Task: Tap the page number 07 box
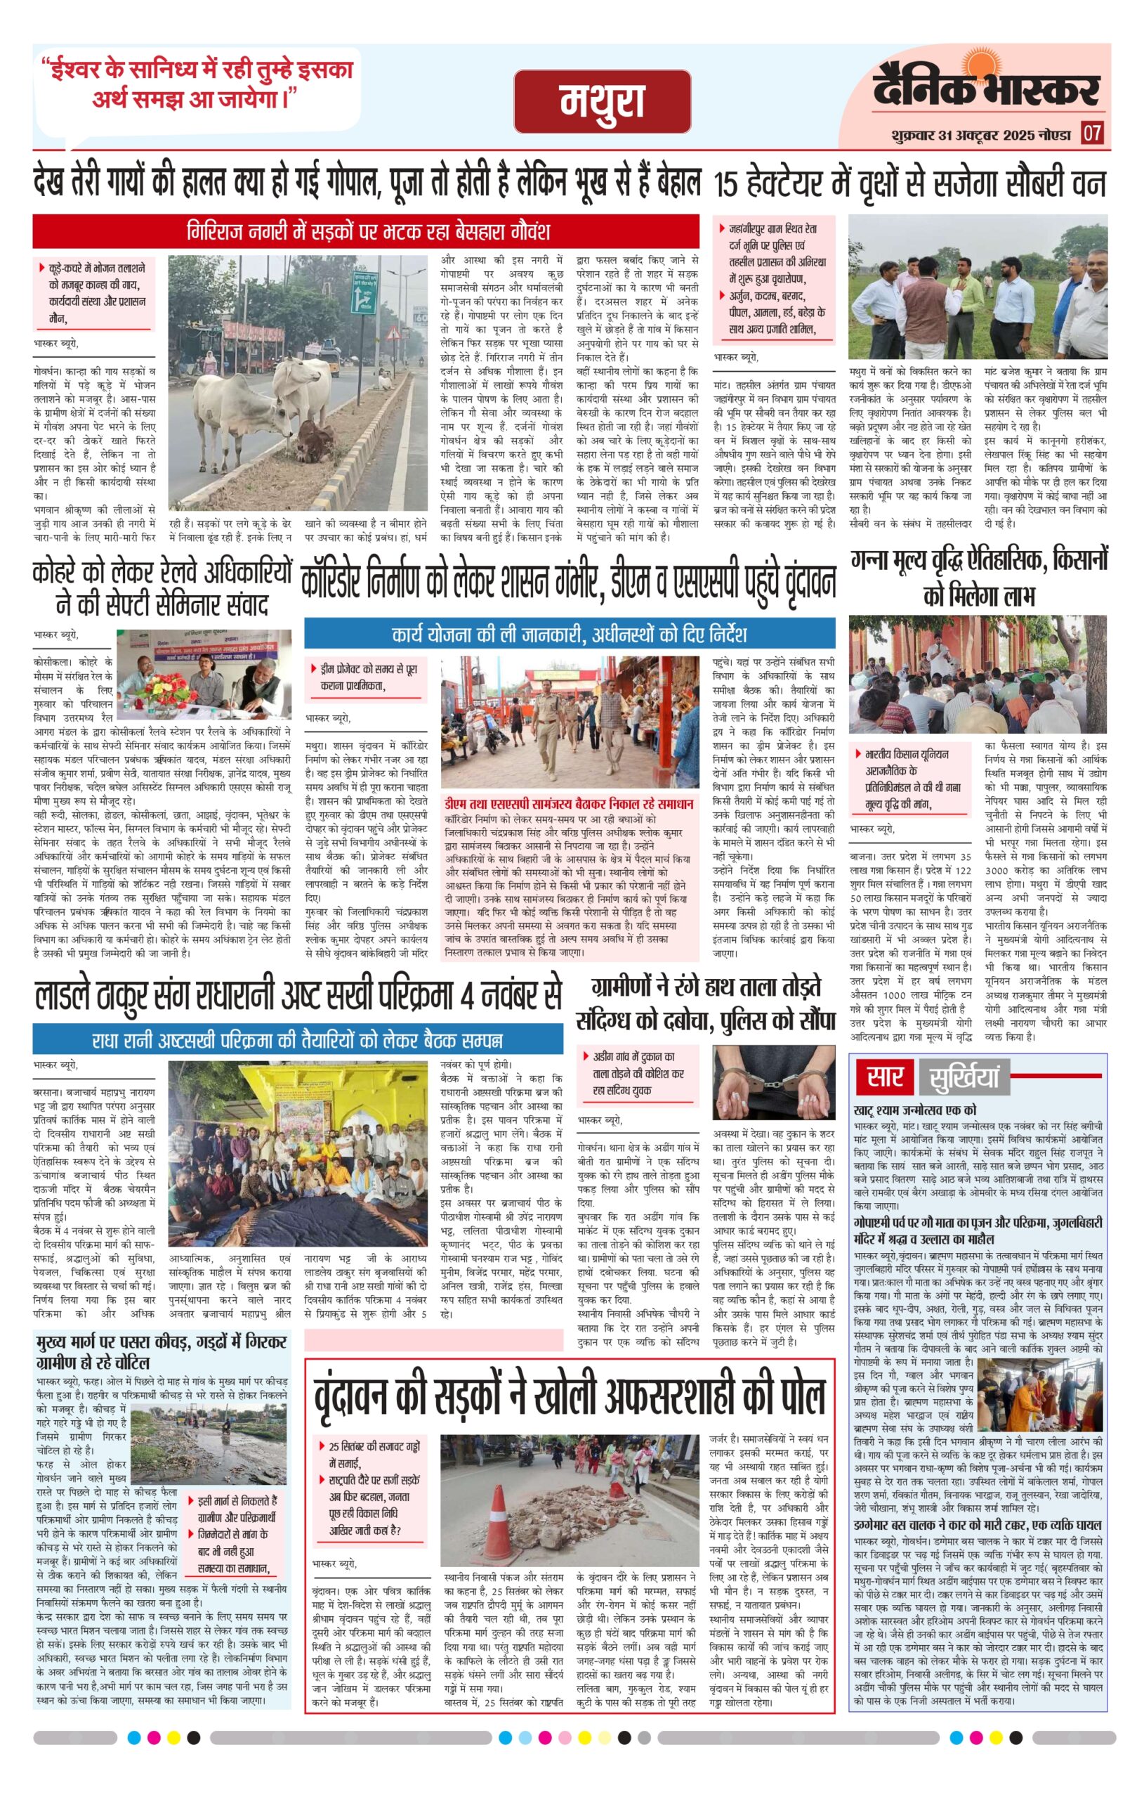(1093, 134)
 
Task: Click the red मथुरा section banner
(602, 102)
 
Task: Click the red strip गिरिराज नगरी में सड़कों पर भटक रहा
(366, 231)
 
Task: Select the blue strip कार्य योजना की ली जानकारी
(569, 635)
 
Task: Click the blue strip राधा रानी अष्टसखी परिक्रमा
(297, 1039)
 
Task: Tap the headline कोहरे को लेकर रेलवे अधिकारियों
(162, 587)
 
